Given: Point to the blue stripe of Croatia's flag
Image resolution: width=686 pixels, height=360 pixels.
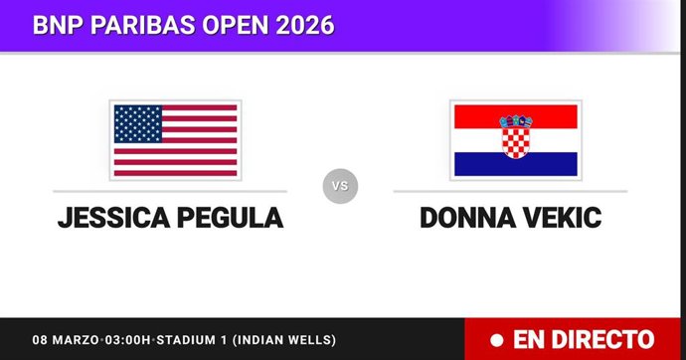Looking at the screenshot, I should (514, 164).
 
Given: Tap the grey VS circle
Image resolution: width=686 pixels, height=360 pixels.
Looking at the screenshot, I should (340, 185).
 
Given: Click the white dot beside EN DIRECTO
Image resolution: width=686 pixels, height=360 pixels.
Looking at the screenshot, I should (496, 340).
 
